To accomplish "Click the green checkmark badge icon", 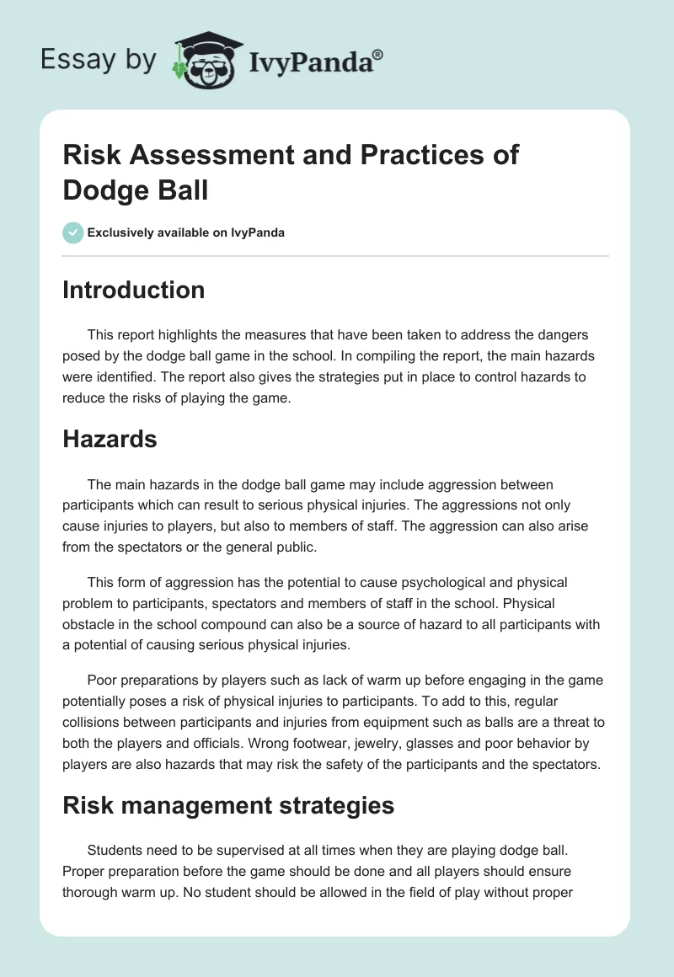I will click(73, 232).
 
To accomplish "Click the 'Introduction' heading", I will click(134, 290).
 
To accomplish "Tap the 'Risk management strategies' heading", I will click(228, 805).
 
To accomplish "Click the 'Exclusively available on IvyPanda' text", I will click(186, 232).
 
